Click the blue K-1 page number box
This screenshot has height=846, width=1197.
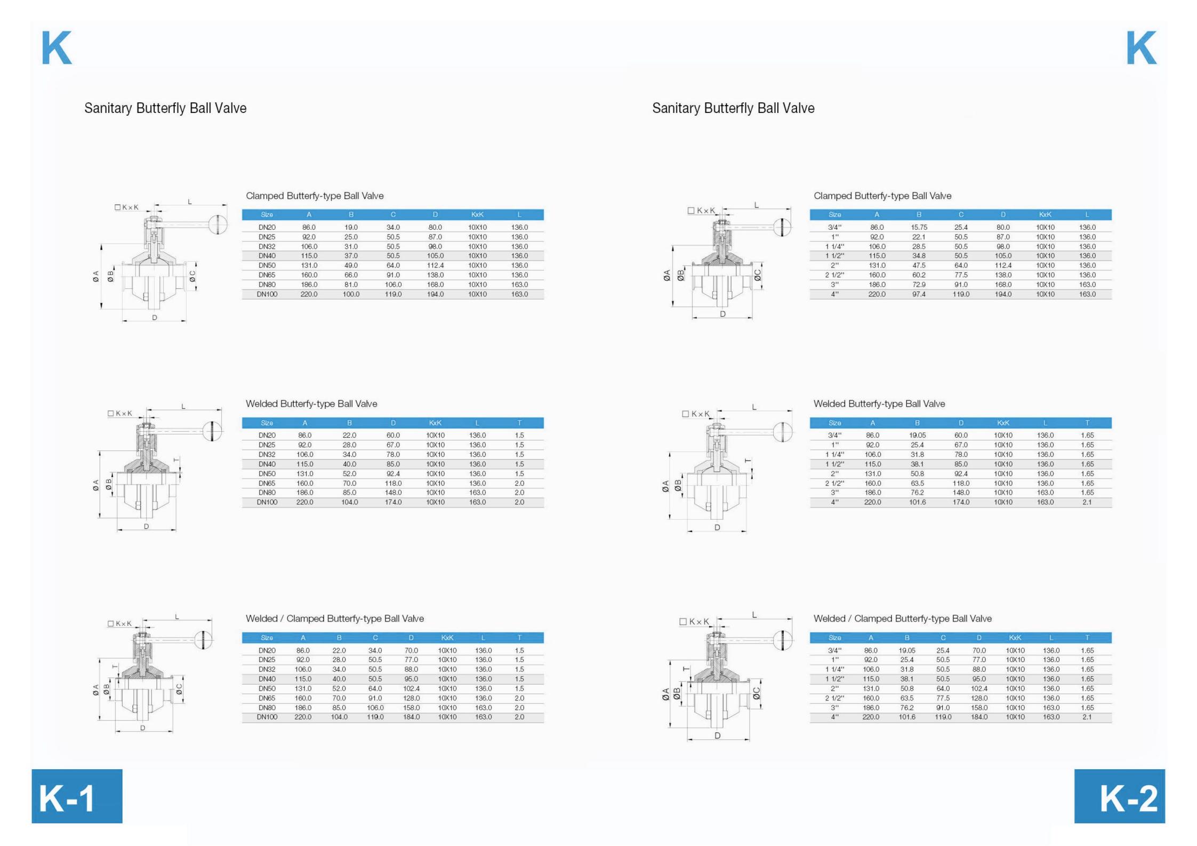pyautogui.click(x=77, y=795)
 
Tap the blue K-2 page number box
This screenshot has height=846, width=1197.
pyautogui.click(x=1119, y=795)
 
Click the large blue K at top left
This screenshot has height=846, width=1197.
pyautogui.click(x=57, y=47)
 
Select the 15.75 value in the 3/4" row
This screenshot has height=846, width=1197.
pyautogui.click(x=919, y=227)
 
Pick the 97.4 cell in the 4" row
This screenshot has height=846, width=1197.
pyautogui.click(x=919, y=294)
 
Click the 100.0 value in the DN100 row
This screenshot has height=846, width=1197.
pyautogui.click(x=351, y=294)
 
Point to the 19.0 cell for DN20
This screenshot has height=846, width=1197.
pyautogui.click(x=351, y=227)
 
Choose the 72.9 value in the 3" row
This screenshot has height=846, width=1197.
pyautogui.click(x=919, y=285)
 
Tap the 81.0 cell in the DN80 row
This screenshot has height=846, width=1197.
pyautogui.click(x=351, y=285)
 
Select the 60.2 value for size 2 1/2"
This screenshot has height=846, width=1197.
pyautogui.click(x=919, y=275)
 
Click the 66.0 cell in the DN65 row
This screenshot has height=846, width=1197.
pyautogui.click(x=351, y=275)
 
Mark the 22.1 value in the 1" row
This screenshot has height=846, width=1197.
pyautogui.click(x=919, y=237)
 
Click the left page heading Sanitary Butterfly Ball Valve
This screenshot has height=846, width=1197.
pyautogui.click(x=165, y=108)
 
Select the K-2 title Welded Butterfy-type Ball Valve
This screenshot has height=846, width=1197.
pyautogui.click(x=879, y=404)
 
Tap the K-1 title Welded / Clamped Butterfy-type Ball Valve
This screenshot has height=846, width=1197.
pyautogui.click(x=335, y=618)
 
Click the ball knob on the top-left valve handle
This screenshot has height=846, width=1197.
pyautogui.click(x=218, y=224)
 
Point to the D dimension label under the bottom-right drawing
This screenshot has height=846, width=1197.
pyautogui.click(x=717, y=735)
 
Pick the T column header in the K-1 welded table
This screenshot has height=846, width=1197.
pyautogui.click(x=519, y=423)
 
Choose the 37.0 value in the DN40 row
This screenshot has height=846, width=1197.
pyautogui.click(x=351, y=256)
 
